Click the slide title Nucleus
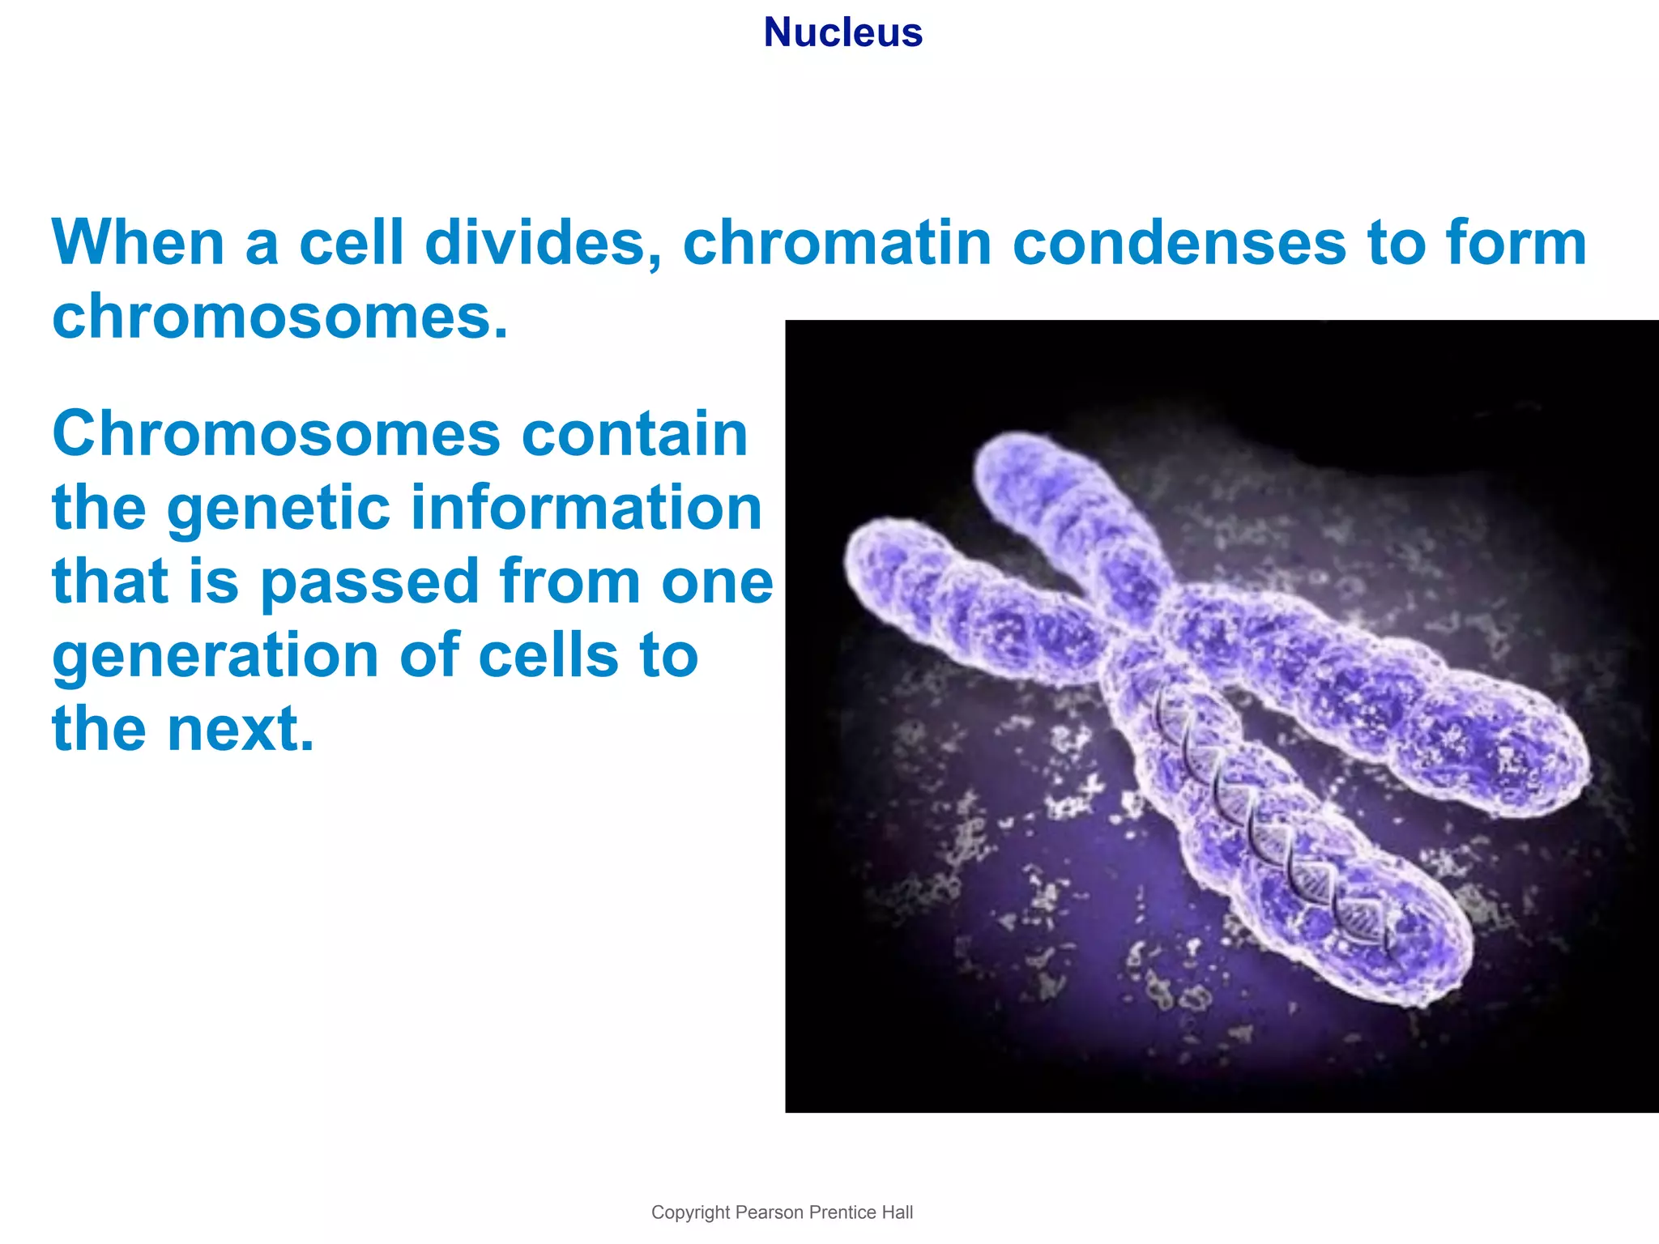pos(842,33)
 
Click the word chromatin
pos(837,243)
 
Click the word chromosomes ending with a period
pos(279,317)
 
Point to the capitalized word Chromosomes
pos(275,435)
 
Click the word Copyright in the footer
pos(690,1212)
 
